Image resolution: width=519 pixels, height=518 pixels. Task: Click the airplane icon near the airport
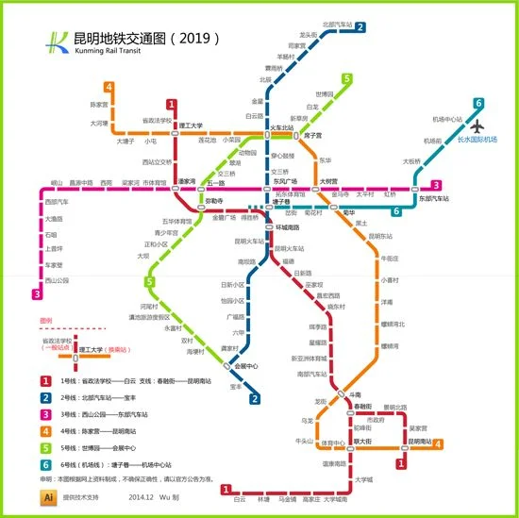click(477, 125)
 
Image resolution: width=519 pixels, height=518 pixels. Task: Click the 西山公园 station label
click(58, 280)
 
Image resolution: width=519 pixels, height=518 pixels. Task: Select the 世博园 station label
click(325, 94)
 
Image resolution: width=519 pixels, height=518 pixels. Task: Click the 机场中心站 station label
click(447, 120)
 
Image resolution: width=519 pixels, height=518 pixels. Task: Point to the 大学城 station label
click(364, 480)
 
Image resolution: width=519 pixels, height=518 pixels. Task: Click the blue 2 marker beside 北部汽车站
click(361, 27)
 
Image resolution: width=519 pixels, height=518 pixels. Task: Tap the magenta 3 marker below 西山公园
click(38, 294)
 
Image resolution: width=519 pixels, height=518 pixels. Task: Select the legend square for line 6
click(45, 464)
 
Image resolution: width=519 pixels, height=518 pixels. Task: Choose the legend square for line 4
click(45, 431)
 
